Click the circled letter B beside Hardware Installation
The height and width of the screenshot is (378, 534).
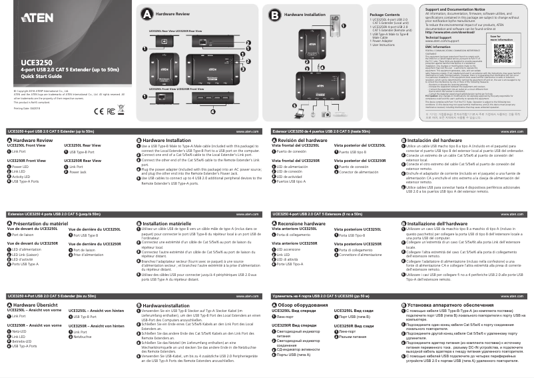tap(274, 13)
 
